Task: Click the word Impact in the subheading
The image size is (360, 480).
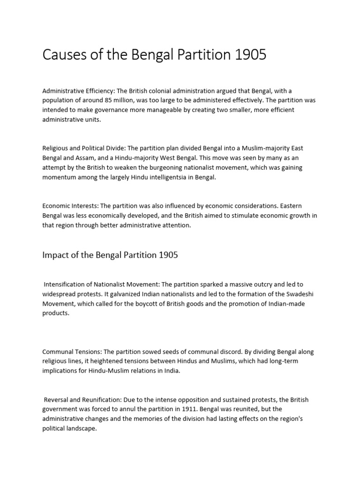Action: coord(54,255)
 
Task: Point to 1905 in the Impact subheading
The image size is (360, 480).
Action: coord(168,255)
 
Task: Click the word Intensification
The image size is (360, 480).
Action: coord(66,285)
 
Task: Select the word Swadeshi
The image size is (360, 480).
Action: coord(300,294)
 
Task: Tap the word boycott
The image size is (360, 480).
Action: coord(143,303)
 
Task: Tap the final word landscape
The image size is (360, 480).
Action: coord(82,428)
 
